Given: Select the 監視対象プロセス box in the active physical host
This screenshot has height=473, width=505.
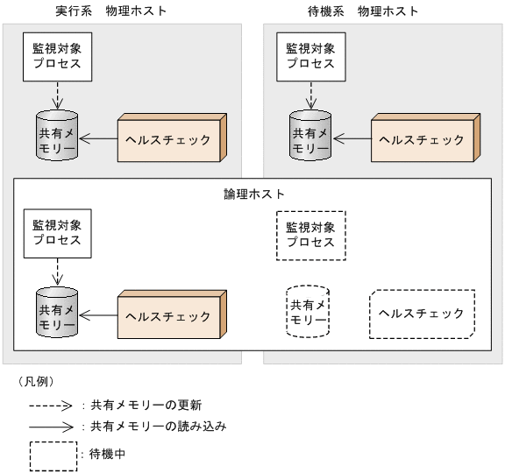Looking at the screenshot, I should [56, 56].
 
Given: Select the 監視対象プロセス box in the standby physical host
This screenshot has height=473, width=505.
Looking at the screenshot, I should [310, 56].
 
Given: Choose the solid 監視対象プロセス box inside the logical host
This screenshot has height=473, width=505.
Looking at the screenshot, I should [56, 233].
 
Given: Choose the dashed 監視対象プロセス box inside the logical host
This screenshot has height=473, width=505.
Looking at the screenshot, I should [310, 234].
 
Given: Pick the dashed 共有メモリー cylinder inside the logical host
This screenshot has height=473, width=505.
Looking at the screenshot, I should [308, 313].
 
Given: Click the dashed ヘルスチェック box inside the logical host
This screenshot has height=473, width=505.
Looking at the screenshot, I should [422, 314].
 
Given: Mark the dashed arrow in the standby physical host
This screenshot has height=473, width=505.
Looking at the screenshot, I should [310, 95].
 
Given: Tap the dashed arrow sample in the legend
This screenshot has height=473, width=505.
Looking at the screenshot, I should [52, 406].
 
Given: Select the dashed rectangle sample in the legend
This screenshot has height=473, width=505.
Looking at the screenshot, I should [52, 455].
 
